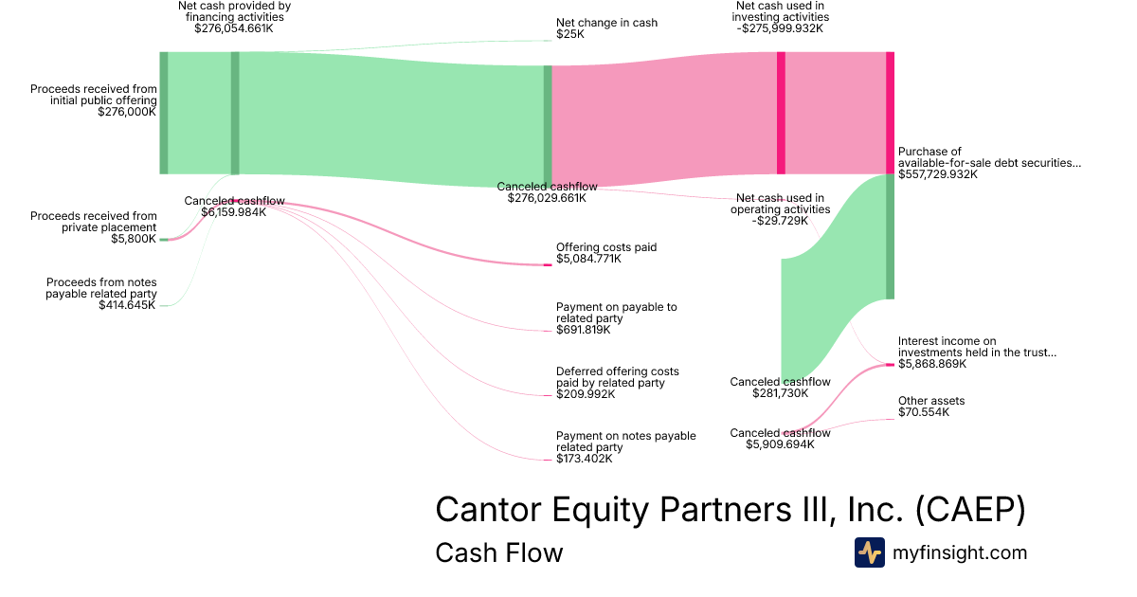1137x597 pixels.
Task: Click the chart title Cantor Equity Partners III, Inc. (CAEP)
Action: tap(730, 511)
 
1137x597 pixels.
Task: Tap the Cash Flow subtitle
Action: tap(498, 552)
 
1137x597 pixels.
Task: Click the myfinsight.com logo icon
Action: tap(869, 552)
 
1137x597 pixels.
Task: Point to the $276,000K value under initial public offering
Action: tap(127, 112)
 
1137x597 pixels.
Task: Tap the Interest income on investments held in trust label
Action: tap(976, 347)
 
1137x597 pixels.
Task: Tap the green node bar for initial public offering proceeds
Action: tap(164, 113)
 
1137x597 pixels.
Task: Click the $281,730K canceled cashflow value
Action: tap(780, 393)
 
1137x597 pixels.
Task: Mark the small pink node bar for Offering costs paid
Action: tap(548, 264)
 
